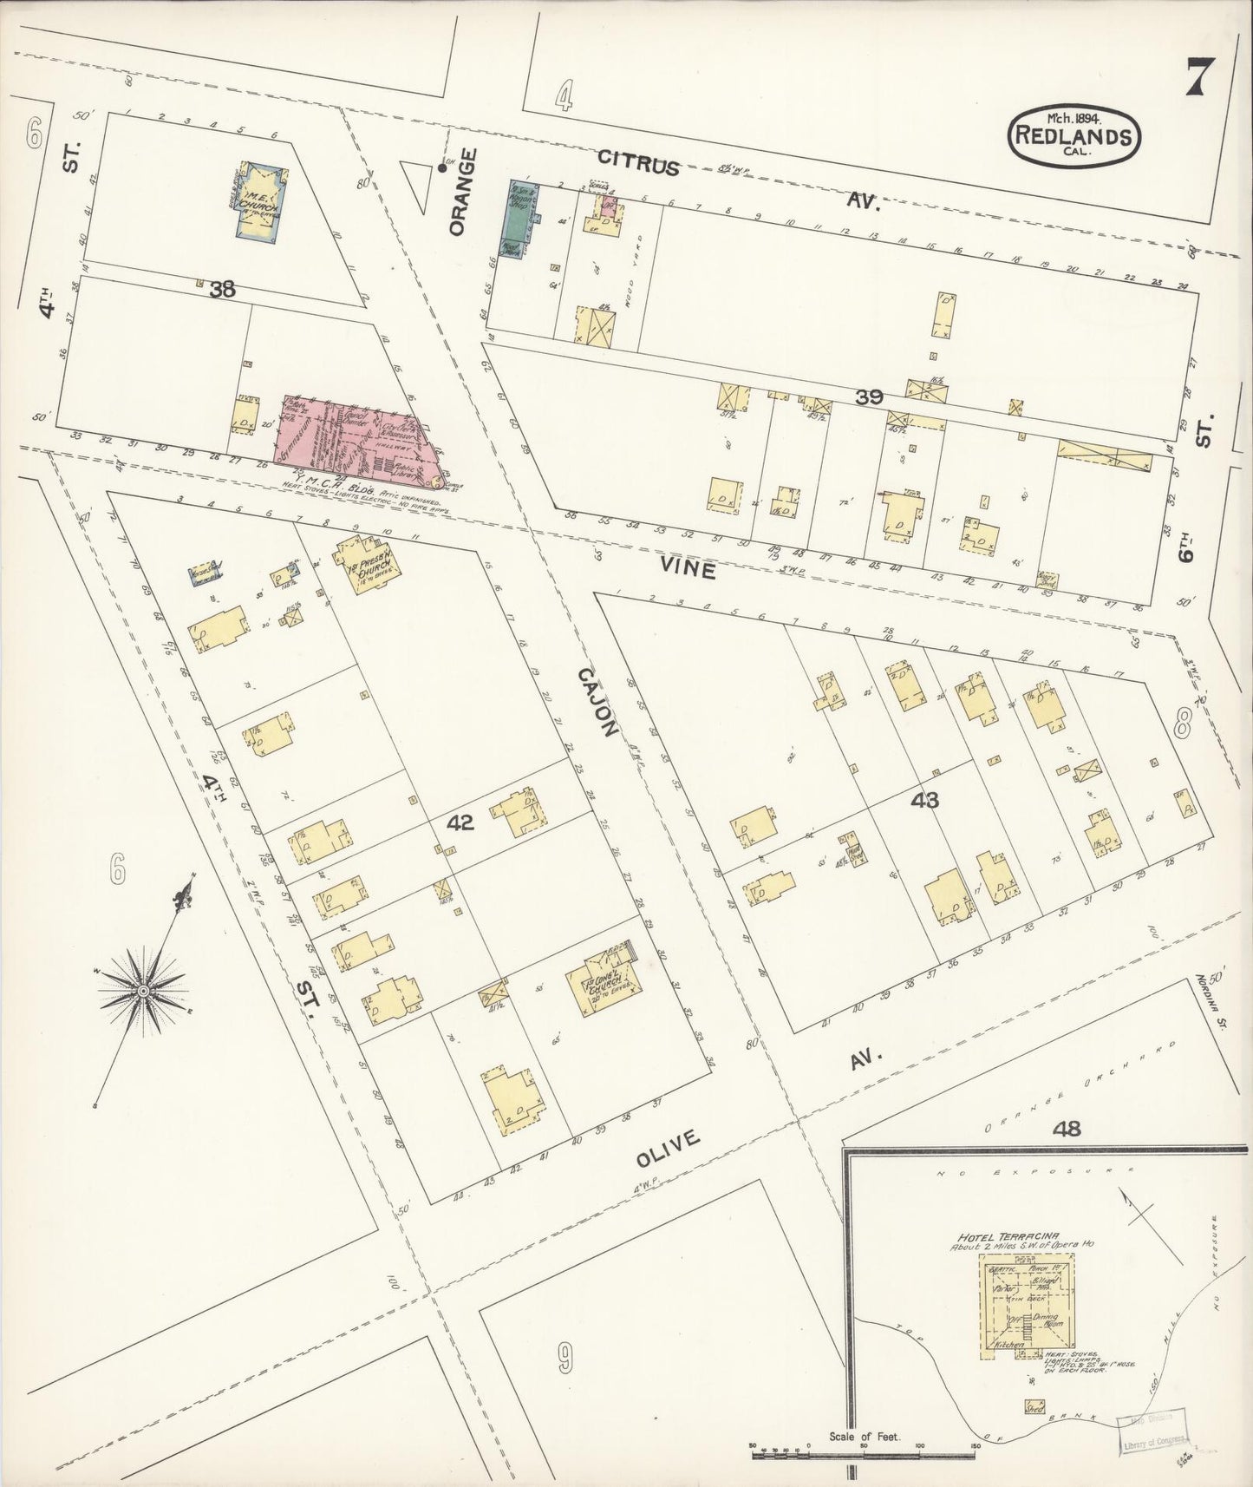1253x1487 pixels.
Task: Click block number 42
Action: [x=460, y=822]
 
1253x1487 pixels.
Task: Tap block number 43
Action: [x=925, y=800]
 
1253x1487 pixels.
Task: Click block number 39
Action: [x=869, y=396]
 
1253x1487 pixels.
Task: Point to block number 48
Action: [x=1067, y=1129]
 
